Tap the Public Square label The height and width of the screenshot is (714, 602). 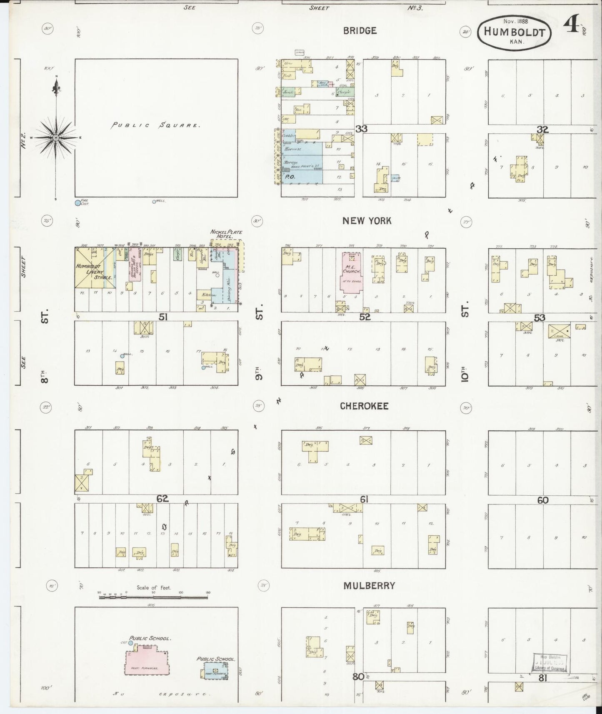click(156, 125)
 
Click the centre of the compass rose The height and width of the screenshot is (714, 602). click(56, 137)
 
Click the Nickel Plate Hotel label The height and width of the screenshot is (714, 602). click(226, 234)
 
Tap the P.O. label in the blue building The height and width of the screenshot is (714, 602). click(288, 177)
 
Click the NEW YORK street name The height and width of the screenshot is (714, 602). click(367, 221)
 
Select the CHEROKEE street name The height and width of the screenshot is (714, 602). click(364, 406)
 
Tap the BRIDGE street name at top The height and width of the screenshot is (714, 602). click(360, 30)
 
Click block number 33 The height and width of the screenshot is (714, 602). click(361, 129)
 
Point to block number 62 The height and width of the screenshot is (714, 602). click(162, 498)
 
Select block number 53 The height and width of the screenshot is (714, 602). click(540, 318)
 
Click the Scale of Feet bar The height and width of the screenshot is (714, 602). click(153, 597)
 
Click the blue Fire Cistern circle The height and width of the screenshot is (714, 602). click(77, 203)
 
